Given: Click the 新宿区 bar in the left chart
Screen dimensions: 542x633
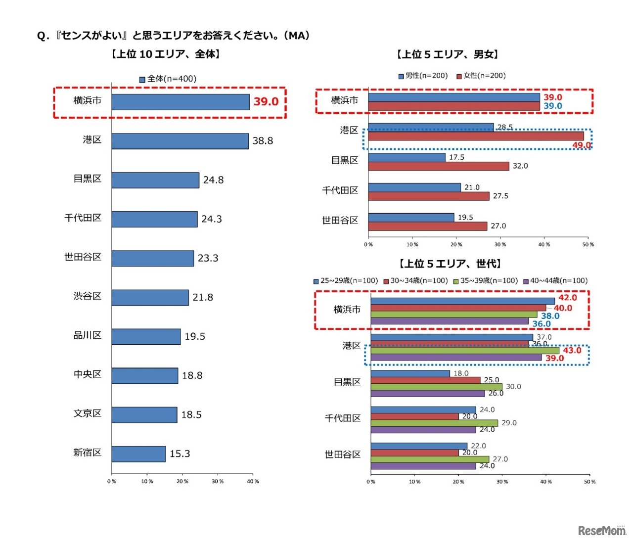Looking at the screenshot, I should point(138,454).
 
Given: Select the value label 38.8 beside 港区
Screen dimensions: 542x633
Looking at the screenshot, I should point(263,141).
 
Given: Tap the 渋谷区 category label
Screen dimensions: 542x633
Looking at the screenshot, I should point(88,296).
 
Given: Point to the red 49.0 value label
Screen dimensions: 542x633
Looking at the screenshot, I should point(582,145).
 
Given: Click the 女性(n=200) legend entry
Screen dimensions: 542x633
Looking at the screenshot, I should point(481,76).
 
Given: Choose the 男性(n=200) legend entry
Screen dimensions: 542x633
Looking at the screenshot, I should point(423,76).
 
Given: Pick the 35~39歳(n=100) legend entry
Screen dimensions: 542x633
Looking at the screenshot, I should point(486,281).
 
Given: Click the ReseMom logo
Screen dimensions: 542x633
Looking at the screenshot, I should point(602,531).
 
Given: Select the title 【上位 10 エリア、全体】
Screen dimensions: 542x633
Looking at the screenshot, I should point(166,54).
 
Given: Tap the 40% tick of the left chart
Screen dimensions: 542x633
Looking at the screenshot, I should point(253,481).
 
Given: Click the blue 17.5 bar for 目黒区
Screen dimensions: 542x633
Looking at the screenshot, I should point(407,157).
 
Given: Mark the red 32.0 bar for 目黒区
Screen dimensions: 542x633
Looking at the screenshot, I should point(439,166).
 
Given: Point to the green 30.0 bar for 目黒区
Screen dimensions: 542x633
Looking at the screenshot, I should point(436,387).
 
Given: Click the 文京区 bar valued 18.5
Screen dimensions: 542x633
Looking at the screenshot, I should point(144,415).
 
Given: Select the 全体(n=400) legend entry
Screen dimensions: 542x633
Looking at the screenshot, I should point(168,79).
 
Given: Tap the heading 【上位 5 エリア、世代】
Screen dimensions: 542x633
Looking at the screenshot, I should point(450,264).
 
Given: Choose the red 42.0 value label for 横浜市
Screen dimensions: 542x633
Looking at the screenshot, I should point(567,298).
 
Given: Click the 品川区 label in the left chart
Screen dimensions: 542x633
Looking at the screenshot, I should point(88,335).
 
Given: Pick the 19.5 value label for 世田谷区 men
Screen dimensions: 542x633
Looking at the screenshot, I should point(465,218).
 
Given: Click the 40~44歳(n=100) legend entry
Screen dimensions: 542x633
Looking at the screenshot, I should point(555,281).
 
